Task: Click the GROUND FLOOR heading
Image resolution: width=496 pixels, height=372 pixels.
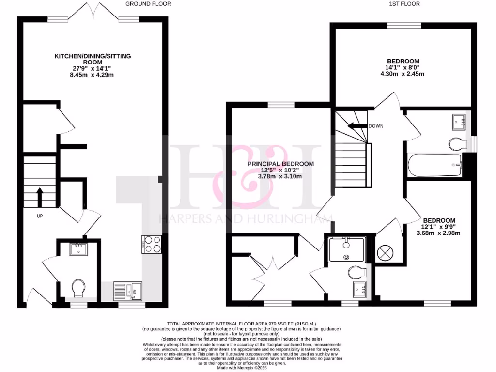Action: [x=148, y=4]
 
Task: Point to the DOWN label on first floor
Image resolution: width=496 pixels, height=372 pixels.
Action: [x=376, y=126]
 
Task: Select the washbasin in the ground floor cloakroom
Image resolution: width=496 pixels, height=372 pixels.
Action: [x=77, y=249]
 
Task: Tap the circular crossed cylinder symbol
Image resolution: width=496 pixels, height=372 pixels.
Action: [x=386, y=252]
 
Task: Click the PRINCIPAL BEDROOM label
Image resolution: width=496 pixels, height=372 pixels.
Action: [x=280, y=164]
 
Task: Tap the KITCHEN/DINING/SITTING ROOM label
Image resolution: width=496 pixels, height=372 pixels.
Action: [x=92, y=59]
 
